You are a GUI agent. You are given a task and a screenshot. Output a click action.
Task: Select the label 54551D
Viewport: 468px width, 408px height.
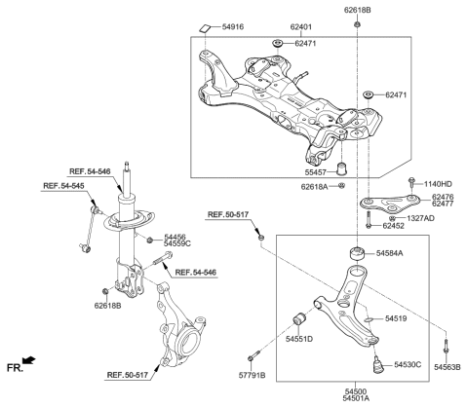(299, 340)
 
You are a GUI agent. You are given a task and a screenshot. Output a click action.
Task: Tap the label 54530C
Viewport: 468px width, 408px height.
(409, 365)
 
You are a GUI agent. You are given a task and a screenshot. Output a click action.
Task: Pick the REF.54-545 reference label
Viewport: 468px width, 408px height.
(63, 185)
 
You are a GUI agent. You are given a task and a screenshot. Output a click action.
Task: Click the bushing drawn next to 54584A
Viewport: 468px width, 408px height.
(357, 254)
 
